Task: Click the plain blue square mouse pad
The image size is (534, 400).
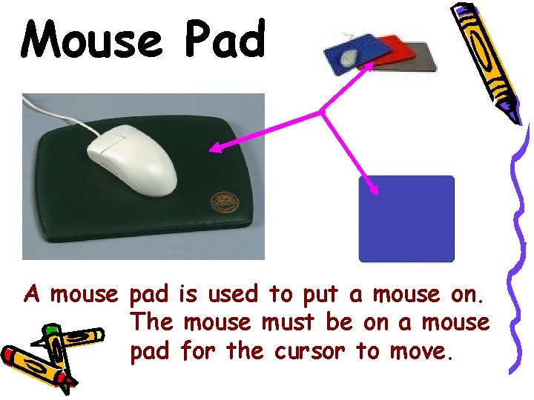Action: pos(406,219)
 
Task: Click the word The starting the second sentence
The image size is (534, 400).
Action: pos(153,322)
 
